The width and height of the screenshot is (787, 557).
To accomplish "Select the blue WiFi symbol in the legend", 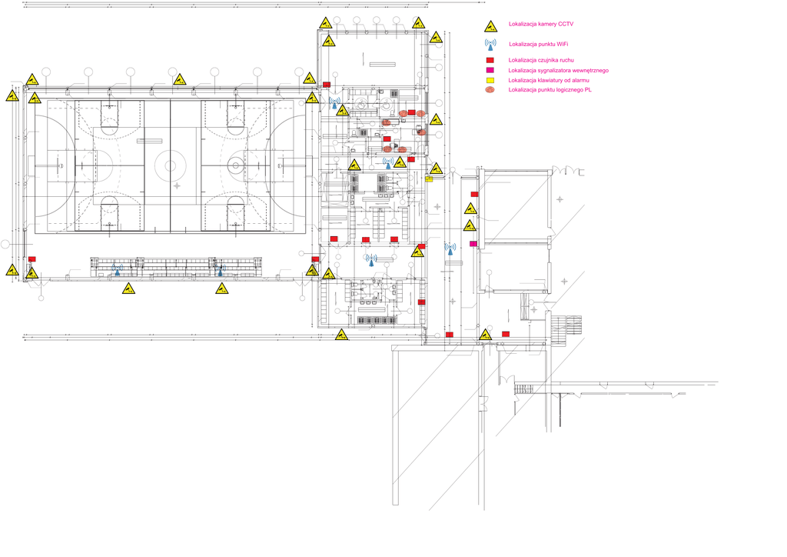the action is [490, 45].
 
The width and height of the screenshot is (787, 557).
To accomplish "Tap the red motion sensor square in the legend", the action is [489, 60].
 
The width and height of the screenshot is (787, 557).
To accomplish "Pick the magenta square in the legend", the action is [489, 70].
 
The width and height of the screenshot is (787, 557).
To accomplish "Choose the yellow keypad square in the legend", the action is [489, 80].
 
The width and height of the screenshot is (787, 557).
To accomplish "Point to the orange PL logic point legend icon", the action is [489, 91].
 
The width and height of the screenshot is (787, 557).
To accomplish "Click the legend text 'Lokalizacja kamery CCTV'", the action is [541, 25].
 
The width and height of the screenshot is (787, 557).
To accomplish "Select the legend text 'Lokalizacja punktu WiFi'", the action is [539, 45].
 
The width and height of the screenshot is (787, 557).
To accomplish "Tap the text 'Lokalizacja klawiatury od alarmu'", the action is [550, 80].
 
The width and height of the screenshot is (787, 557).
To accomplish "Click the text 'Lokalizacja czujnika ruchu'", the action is [541, 60].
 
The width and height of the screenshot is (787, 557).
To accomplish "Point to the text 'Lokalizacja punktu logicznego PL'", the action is [550, 90].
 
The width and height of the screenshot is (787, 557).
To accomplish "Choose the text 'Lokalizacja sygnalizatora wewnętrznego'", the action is [559, 70].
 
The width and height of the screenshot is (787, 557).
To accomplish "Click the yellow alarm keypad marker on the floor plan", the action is [429, 179].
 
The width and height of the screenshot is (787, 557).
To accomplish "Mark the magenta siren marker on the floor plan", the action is [473, 244].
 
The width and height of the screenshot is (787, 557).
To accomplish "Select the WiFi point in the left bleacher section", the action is [118, 269].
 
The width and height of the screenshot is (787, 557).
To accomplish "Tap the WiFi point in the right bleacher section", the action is [221, 269].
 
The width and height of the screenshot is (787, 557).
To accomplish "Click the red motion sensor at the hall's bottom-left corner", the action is [32, 259].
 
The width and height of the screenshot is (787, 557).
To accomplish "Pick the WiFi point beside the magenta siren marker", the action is [450, 249].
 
